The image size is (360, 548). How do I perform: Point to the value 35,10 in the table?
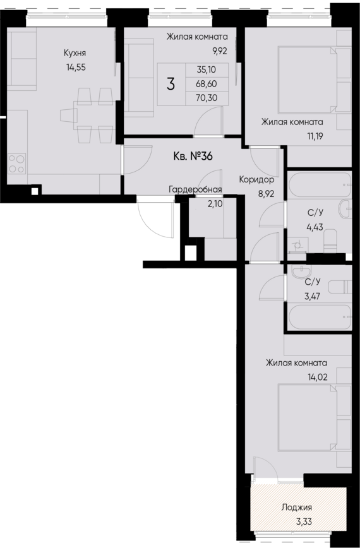[205, 71]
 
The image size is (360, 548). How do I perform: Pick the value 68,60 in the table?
[205, 84]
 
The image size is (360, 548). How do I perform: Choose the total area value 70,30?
[205, 97]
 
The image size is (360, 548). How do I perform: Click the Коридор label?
[256, 179]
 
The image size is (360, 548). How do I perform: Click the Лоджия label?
[297, 507]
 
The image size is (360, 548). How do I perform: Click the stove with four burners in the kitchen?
[17, 164]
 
